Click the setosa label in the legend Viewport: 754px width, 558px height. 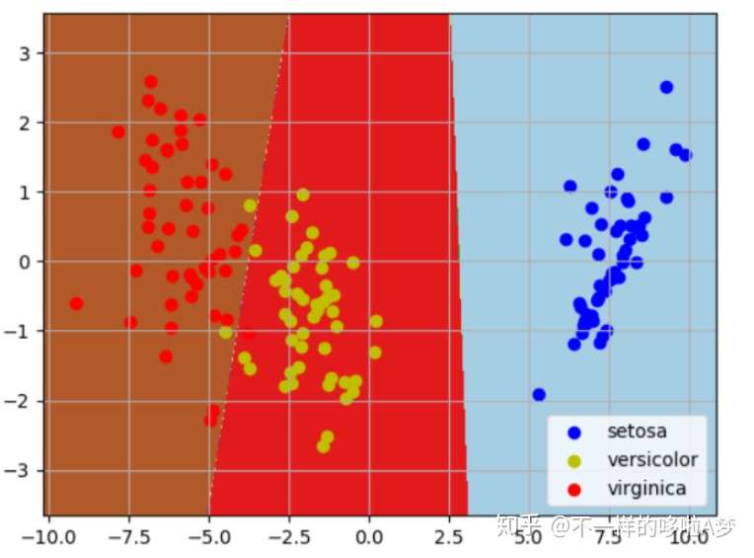637,432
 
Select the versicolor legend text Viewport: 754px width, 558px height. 652,459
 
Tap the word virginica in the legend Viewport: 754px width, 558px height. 646,487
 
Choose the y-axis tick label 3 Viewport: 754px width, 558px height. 25,52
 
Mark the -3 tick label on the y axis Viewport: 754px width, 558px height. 20,470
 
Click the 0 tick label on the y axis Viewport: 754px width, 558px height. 25,262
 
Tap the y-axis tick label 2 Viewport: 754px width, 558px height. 25,122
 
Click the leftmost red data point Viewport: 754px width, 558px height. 76,303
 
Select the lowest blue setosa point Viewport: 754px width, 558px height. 539,394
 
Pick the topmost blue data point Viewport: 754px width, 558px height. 666,87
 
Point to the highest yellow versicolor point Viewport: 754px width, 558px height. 303,195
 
